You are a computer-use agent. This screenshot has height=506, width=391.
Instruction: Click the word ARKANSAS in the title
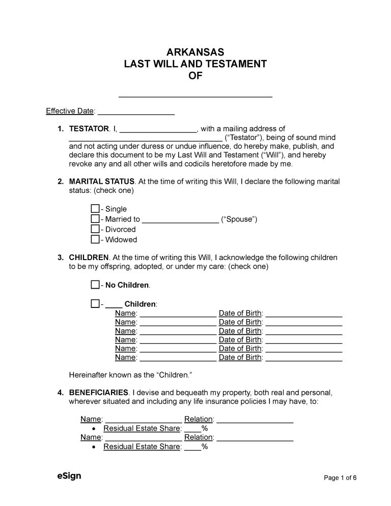pos(195,52)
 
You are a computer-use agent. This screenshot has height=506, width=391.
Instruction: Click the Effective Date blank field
pos(136,111)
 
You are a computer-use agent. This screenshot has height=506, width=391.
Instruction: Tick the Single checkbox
pos(95,209)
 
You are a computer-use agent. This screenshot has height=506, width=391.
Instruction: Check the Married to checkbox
pos(95,219)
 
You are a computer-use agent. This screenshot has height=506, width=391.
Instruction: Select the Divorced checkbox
pos(95,229)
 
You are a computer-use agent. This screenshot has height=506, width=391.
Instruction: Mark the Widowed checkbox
pos(95,239)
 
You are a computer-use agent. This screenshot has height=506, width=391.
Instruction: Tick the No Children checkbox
pos(95,285)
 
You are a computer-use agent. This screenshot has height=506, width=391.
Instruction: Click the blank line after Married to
pos(180,219)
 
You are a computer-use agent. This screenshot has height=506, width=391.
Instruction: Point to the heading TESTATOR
pos(89,129)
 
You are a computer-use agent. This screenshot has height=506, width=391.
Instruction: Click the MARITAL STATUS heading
pos(101,182)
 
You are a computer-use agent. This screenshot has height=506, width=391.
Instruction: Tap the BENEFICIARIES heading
pos(98,392)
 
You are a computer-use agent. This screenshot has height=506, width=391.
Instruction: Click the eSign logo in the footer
pos(69,476)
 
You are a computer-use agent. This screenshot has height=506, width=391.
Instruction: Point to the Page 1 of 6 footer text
pos(340,477)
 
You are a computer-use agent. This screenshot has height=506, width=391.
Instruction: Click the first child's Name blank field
pos(178,314)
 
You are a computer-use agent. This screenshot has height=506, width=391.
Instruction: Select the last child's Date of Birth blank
pos(304,357)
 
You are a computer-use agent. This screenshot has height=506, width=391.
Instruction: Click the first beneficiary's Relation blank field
pos(255,419)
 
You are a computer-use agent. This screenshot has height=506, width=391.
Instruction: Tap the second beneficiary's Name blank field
pos(143,437)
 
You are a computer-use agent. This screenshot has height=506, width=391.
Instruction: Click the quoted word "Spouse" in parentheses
pos(239,219)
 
